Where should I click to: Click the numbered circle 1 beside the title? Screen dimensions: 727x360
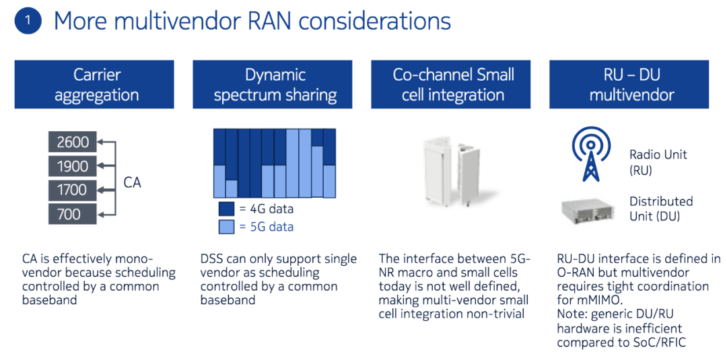28,22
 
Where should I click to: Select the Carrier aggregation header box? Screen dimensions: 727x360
94,84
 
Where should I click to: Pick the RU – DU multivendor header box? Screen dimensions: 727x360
629,84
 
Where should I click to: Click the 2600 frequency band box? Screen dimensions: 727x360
72,142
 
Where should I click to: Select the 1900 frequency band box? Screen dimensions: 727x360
72,166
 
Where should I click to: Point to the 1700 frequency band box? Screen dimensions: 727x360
72,190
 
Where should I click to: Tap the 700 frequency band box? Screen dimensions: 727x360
72,214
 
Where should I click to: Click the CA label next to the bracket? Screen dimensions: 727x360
132,182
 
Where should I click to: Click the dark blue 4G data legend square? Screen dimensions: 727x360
226,209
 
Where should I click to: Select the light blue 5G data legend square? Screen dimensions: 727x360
226,227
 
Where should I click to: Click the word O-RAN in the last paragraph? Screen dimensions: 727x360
575,272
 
